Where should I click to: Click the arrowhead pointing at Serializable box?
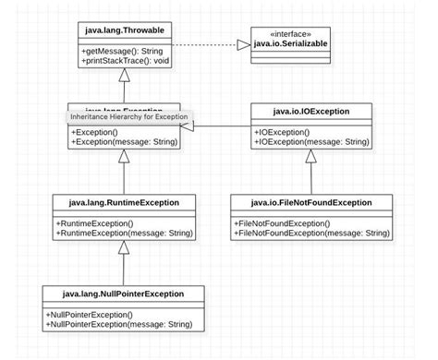[243, 43]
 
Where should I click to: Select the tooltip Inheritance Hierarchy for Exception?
[128, 117]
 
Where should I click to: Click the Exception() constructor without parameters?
[97, 132]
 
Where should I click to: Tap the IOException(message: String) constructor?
[312, 143]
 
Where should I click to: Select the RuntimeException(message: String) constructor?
[123, 234]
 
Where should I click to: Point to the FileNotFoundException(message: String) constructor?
[311, 234]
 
